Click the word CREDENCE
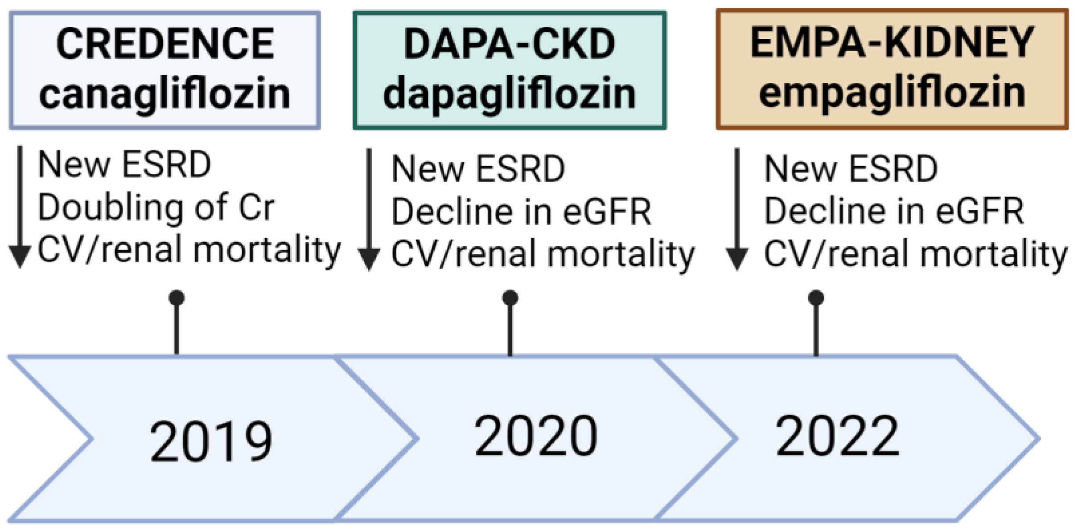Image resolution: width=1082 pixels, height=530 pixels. [165, 44]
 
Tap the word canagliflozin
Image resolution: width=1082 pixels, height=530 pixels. [165, 94]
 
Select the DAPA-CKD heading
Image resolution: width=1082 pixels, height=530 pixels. [509, 44]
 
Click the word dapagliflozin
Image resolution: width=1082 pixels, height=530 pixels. [509, 94]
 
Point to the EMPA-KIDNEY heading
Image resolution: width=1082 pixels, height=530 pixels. [892, 43]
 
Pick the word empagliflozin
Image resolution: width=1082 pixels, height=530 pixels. [892, 93]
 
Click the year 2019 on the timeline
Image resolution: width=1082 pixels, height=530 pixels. [211, 441]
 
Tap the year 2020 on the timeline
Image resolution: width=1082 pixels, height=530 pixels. [535, 436]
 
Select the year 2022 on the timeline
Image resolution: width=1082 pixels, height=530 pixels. [837, 436]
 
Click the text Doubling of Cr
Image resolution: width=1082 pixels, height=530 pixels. [156, 208]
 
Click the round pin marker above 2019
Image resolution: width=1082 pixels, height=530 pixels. [177, 298]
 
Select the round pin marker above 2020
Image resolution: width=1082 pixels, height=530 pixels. [510, 298]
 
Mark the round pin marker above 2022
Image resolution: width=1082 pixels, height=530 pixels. [816, 298]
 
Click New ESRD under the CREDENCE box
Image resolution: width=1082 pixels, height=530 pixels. [124, 165]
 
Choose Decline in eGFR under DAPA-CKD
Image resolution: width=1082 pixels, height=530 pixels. [522, 212]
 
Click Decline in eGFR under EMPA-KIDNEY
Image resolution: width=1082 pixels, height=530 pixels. [894, 211]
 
